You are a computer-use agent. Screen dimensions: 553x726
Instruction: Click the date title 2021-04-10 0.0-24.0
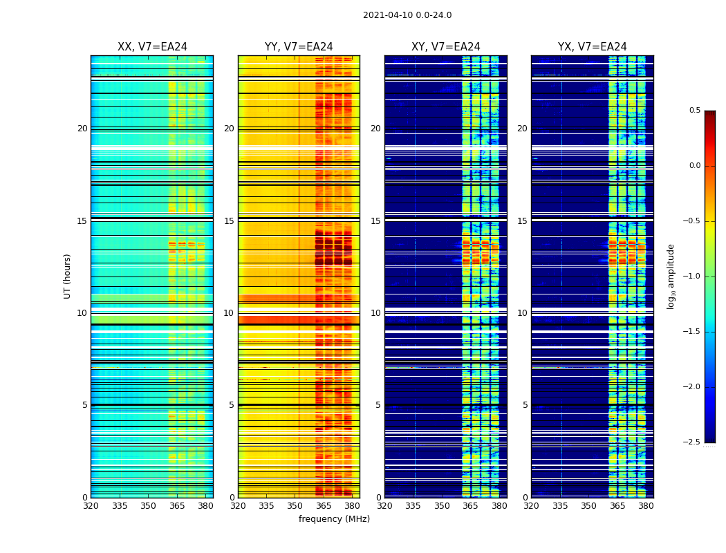click(x=407, y=15)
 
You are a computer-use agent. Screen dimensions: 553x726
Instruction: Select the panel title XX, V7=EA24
click(x=152, y=47)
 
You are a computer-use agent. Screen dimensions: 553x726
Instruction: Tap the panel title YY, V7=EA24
click(x=299, y=47)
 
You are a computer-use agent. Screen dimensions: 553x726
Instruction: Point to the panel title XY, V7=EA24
click(x=446, y=47)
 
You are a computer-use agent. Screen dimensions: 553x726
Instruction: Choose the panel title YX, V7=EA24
click(x=593, y=47)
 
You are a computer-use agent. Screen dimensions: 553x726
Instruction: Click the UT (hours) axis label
click(x=67, y=276)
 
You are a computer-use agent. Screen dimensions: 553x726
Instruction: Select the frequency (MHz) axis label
click(x=334, y=519)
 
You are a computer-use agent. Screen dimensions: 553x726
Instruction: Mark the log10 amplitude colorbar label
click(x=671, y=276)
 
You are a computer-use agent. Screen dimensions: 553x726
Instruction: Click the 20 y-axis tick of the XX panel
click(x=82, y=129)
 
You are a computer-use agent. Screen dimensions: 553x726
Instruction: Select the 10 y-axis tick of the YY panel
click(x=229, y=313)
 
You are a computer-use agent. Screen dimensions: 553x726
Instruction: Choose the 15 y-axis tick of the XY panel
click(x=375, y=221)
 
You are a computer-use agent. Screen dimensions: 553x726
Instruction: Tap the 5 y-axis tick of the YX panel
click(x=525, y=405)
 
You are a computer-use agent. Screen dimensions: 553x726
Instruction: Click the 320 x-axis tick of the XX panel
click(x=91, y=505)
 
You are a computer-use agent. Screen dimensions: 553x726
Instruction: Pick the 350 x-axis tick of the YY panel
click(x=295, y=505)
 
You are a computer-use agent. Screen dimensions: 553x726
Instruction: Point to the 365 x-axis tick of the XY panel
click(x=470, y=505)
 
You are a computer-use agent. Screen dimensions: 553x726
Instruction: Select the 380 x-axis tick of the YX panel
click(x=646, y=505)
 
